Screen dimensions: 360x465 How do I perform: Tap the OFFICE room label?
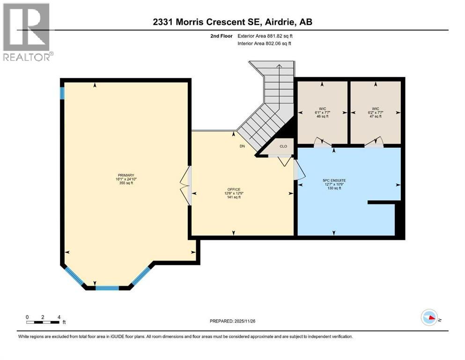pyautogui.click(x=234, y=189)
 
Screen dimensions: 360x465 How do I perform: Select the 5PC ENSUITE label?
pyautogui.click(x=334, y=180)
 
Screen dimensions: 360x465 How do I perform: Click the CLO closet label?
pyautogui.click(x=283, y=146)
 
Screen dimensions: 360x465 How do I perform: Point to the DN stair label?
pyautogui.click(x=242, y=146)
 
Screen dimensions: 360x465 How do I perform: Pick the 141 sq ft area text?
pyautogui.click(x=234, y=197)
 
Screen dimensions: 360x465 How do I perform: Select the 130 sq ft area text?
pyautogui.click(x=334, y=188)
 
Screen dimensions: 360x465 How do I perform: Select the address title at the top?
pyautogui.click(x=233, y=22)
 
